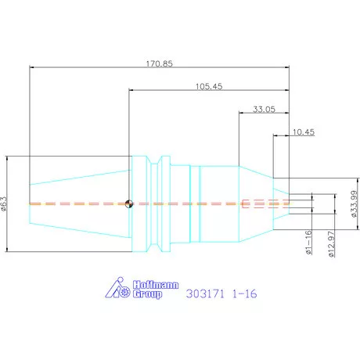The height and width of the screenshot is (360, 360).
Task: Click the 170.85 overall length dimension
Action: point(159,63)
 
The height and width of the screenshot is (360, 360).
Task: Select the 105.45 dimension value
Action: point(209,86)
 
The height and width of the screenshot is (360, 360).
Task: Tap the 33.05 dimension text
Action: point(264,109)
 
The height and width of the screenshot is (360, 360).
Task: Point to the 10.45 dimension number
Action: point(304,132)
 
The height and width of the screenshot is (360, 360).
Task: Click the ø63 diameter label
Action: point(3,203)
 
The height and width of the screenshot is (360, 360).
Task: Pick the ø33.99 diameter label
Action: point(354,203)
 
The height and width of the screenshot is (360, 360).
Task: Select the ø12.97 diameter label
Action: point(331,244)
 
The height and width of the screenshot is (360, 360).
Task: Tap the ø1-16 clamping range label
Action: point(308,242)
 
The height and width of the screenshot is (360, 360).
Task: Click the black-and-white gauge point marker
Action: point(129,203)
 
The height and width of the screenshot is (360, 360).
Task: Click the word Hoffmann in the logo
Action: point(156,285)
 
